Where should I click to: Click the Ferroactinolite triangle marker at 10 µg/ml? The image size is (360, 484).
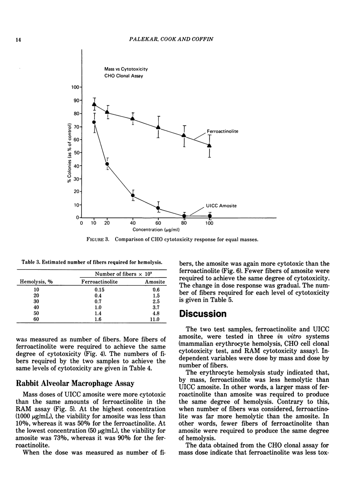tap(94, 104)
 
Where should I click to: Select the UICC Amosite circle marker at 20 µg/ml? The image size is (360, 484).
tap(107, 164)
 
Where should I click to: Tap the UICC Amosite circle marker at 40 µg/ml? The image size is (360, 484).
tap(133, 196)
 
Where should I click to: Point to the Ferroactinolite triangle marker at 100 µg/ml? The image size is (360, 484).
tap(210, 145)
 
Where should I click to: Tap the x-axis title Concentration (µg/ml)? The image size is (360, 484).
tap(158, 230)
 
